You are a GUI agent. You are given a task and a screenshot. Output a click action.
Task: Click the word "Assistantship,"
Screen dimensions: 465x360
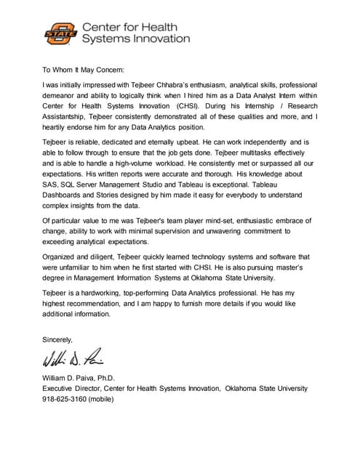coord(70,116)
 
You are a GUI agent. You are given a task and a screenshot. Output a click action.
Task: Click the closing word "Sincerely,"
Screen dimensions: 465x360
coord(58,339)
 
